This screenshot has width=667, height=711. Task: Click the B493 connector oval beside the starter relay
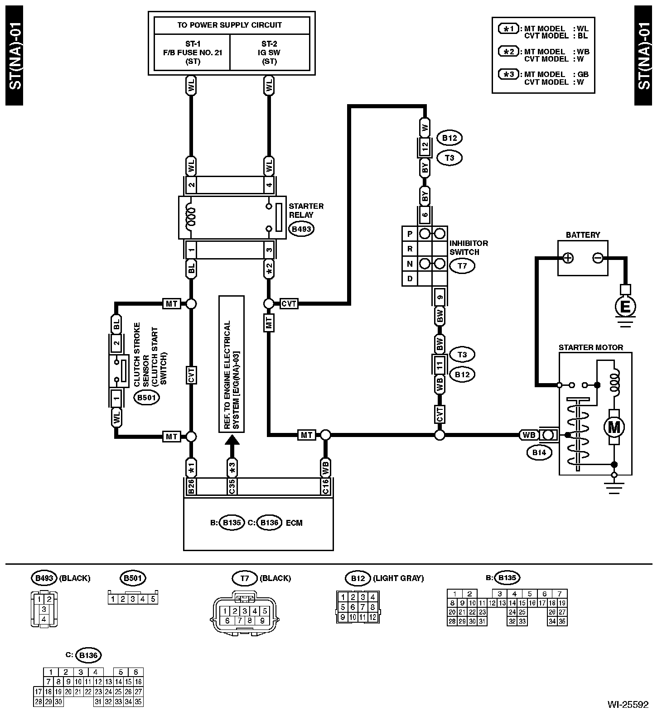pyautogui.click(x=301, y=229)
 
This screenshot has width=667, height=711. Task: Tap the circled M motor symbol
pyautogui.click(x=614, y=427)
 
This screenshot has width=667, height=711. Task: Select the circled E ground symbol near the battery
pyautogui.click(x=625, y=307)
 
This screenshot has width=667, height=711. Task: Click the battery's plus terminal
pyautogui.click(x=568, y=258)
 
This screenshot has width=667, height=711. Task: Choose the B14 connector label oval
pyautogui.click(x=539, y=452)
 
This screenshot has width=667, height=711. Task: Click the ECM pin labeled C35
pyautogui.click(x=232, y=486)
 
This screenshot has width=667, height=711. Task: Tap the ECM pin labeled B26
pyautogui.click(x=191, y=486)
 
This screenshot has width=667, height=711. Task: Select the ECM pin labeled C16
pyautogui.click(x=325, y=486)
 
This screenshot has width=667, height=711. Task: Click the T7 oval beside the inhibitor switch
pyautogui.click(x=462, y=266)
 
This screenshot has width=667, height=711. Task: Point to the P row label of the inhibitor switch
pyautogui.click(x=410, y=234)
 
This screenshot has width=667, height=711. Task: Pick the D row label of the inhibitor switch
pyautogui.click(x=410, y=279)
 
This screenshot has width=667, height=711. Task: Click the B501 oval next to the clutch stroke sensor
pyautogui.click(x=146, y=398)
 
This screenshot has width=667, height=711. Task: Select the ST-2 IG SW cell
pyautogui.click(x=270, y=53)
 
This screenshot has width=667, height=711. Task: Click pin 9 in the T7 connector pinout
pyautogui.click(x=262, y=621)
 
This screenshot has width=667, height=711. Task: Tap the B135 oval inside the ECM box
pyautogui.click(x=232, y=523)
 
